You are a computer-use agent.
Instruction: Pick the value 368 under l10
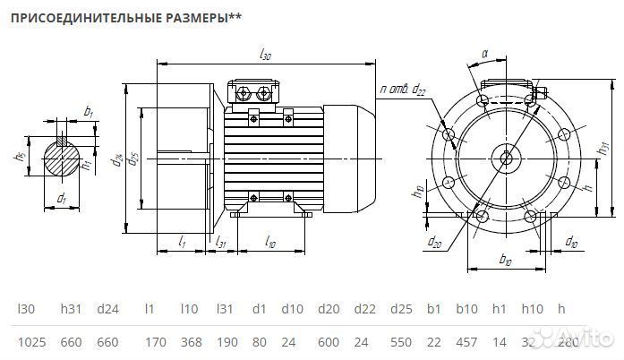[x=189, y=343]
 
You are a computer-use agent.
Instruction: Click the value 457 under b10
[x=466, y=343]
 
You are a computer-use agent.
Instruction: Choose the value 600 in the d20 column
[x=329, y=343]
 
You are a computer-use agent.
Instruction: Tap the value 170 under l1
[x=155, y=343]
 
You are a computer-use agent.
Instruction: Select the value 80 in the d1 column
[x=258, y=343]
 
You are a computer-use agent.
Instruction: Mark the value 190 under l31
[x=225, y=343]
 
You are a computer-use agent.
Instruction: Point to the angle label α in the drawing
[x=484, y=54]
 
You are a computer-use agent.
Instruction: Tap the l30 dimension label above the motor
[x=264, y=55]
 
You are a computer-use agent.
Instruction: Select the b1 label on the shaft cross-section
[x=88, y=111]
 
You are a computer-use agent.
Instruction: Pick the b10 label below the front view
[x=504, y=261]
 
